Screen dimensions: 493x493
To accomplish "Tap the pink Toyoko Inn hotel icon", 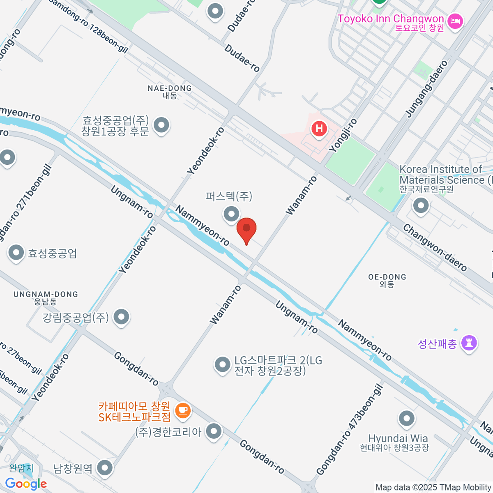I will tap(455, 21).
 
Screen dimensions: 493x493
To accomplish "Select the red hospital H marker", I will tap(319, 129).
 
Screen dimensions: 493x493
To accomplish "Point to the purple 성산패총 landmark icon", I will tap(469, 343).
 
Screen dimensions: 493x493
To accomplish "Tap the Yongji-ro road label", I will tap(343, 136).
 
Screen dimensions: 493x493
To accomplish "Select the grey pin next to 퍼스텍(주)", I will tap(231, 214).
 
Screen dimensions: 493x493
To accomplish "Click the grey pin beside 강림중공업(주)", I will tap(121, 317).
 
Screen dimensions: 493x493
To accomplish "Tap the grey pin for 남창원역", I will tap(105, 468).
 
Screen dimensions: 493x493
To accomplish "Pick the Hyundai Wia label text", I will tap(398, 438).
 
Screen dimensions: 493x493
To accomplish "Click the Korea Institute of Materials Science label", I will tap(442, 175).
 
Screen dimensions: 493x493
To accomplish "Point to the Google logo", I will tap(26, 484).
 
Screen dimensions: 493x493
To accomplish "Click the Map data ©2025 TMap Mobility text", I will tap(433, 488).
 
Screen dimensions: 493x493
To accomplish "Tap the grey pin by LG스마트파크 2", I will tap(223, 364).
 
